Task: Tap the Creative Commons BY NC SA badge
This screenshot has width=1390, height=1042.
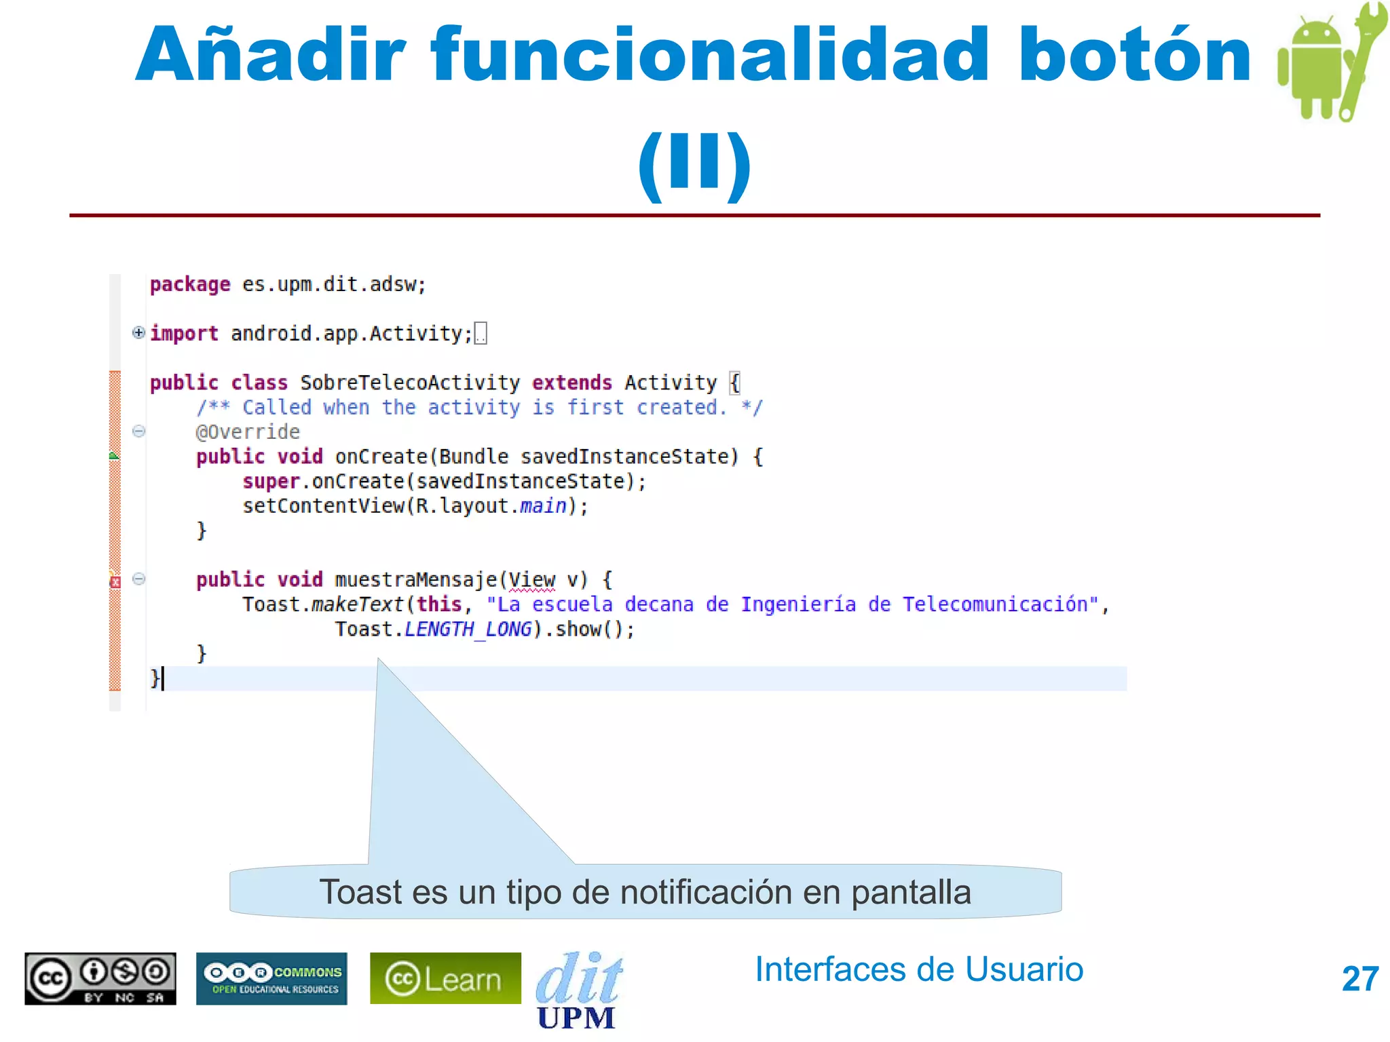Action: coord(100,978)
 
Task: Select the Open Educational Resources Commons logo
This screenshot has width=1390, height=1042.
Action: coord(271,978)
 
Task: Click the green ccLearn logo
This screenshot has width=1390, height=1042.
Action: coord(445,978)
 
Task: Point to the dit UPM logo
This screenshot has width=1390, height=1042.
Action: coord(578,990)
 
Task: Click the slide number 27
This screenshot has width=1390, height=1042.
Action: coord(1359,980)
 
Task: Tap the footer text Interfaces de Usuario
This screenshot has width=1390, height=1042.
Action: coord(919,969)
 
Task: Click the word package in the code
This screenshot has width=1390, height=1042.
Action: coord(190,284)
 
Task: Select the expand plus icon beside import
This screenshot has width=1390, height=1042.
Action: coord(138,332)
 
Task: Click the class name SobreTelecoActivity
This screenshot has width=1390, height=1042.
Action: coord(410,383)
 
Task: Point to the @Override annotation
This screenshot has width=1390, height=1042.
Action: coord(248,432)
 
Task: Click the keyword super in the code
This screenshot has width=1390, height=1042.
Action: coord(271,482)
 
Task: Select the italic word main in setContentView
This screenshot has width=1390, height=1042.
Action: coord(543,506)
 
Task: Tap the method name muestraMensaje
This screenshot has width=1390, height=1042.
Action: coord(415,580)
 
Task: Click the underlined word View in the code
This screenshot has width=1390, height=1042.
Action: coord(531,580)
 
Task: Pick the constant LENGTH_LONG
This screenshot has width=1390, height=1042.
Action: coord(468,630)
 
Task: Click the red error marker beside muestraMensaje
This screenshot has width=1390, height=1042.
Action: coord(115,581)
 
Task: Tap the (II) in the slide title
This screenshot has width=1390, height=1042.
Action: coord(694,163)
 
